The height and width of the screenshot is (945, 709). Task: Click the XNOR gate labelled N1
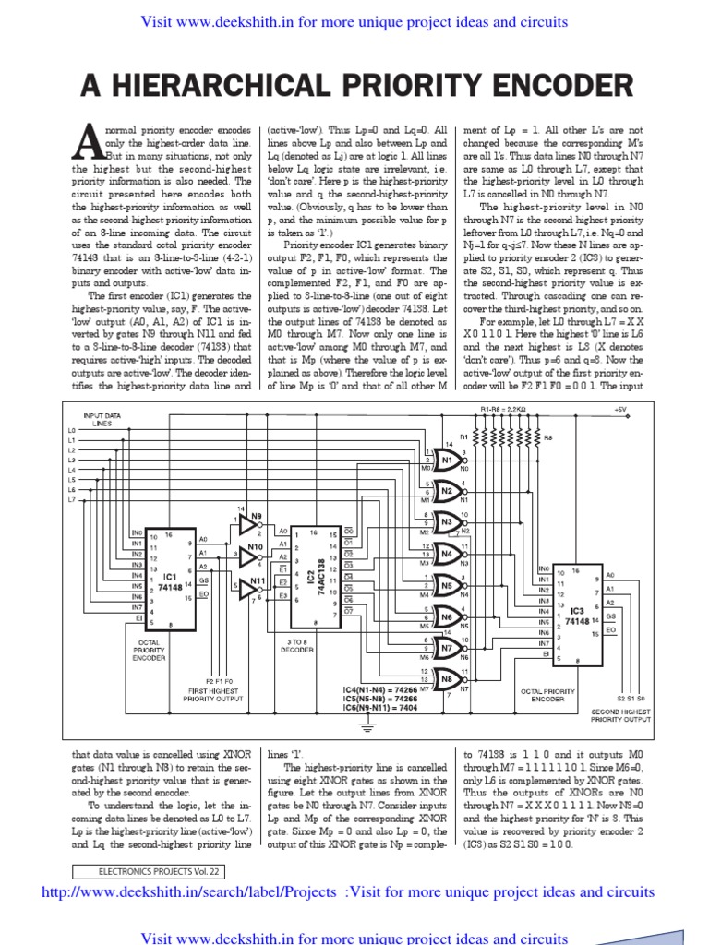click(450, 461)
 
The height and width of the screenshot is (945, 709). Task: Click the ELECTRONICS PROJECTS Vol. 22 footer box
click(147, 869)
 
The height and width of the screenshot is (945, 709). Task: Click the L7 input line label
click(72, 498)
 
